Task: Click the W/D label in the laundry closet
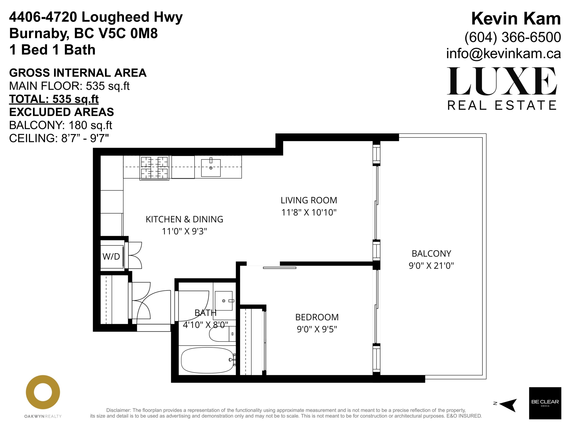pyautogui.click(x=111, y=256)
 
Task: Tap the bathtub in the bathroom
pyautogui.click(x=207, y=360)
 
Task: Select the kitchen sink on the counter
pyautogui.click(x=211, y=168)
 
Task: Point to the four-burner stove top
pyautogui.click(x=154, y=168)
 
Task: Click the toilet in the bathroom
pyautogui.click(x=222, y=334)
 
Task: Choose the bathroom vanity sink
pyautogui.click(x=224, y=301)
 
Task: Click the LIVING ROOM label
pyautogui.click(x=309, y=200)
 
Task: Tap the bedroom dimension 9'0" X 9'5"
pyautogui.click(x=317, y=329)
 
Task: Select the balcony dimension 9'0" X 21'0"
pyautogui.click(x=431, y=266)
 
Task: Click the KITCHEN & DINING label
pyautogui.click(x=184, y=219)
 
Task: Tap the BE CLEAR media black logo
pyautogui.click(x=545, y=403)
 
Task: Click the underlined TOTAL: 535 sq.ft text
pyautogui.click(x=54, y=99)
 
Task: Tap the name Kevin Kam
pyautogui.click(x=516, y=19)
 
